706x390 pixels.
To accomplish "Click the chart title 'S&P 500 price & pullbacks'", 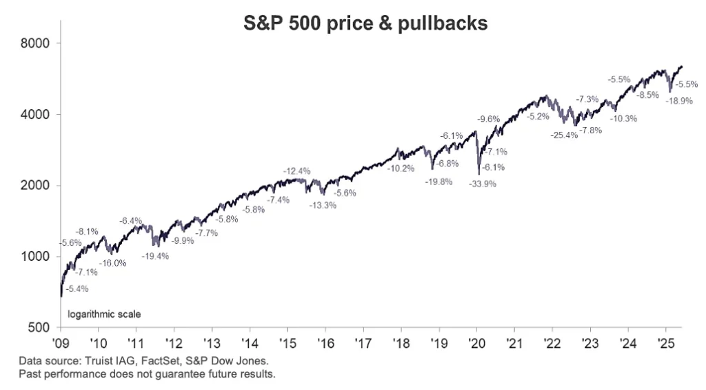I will (x=366, y=23).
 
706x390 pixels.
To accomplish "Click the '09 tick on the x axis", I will (x=61, y=342).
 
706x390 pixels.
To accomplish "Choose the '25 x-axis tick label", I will (x=665, y=342).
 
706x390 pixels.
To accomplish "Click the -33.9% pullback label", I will (x=482, y=184).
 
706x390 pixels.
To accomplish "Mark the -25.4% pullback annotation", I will (x=563, y=135).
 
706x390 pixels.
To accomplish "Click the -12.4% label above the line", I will (x=297, y=170).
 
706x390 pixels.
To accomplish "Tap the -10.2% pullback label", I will (x=401, y=168).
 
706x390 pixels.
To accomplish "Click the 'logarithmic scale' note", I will (x=103, y=314).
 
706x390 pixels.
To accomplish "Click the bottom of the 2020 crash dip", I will (x=478, y=173).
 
